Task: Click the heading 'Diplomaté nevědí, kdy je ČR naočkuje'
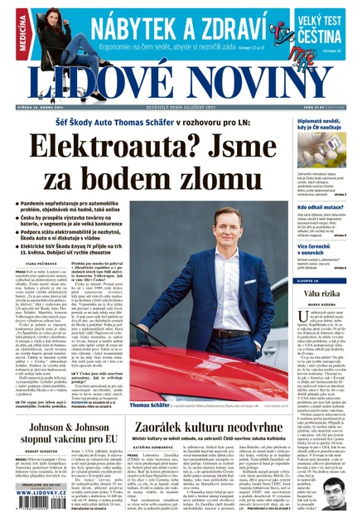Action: click(x=325, y=123)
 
